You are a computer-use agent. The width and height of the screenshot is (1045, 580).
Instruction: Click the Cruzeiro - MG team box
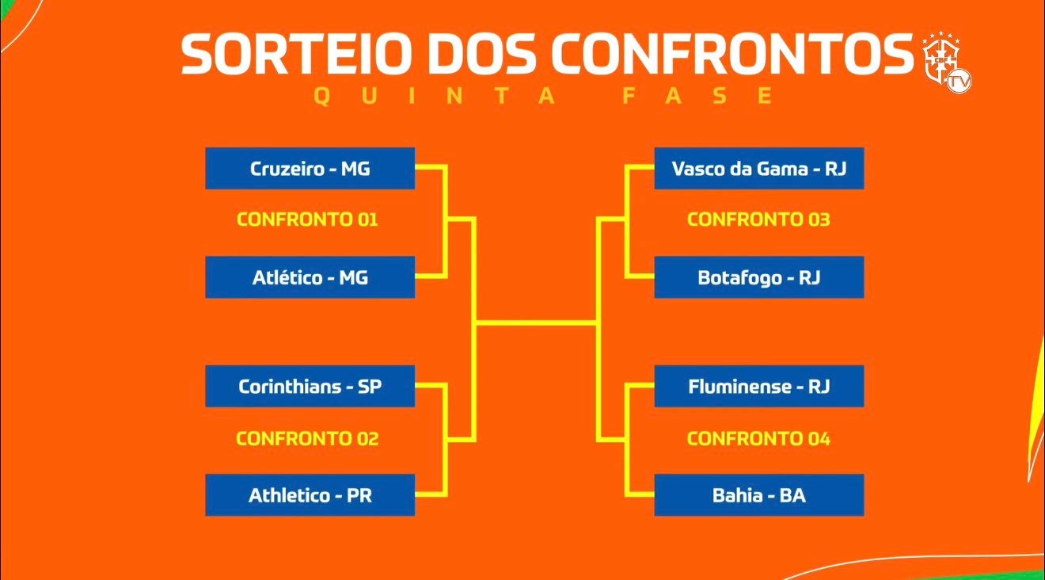click(310, 168)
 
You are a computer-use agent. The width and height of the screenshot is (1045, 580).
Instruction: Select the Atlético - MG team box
click(310, 277)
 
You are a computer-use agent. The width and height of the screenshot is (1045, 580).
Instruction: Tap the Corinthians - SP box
click(310, 386)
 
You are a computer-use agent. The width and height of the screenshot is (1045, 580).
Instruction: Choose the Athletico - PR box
click(310, 495)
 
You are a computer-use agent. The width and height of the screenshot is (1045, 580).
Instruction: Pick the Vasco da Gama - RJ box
click(759, 168)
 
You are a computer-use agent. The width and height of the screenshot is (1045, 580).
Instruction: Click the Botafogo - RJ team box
click(759, 277)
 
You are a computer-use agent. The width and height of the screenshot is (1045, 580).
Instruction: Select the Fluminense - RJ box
click(759, 386)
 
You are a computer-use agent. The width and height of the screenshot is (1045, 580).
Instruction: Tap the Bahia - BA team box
click(759, 495)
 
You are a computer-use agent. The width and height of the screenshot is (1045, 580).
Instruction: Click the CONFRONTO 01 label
click(307, 219)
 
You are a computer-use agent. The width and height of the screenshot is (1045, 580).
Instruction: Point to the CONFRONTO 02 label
click(307, 438)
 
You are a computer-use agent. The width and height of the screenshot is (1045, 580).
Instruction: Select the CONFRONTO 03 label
click(758, 219)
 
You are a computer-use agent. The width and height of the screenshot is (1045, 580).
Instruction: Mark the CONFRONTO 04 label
click(758, 438)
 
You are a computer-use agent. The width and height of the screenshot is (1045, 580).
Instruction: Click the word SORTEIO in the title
click(292, 53)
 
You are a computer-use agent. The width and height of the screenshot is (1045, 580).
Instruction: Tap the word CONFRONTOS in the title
click(732, 53)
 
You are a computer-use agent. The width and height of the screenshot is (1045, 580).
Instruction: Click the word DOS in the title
click(477, 53)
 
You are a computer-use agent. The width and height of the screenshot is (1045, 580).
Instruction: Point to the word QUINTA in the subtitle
click(435, 96)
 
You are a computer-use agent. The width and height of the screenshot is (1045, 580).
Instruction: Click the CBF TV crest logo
click(946, 62)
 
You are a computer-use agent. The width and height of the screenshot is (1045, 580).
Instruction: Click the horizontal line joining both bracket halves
click(536, 322)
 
